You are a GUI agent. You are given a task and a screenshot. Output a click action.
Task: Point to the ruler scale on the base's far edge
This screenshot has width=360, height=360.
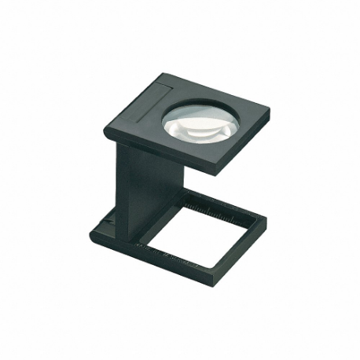coord(212,207)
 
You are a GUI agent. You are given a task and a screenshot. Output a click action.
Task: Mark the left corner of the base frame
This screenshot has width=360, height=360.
coord(91,231)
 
